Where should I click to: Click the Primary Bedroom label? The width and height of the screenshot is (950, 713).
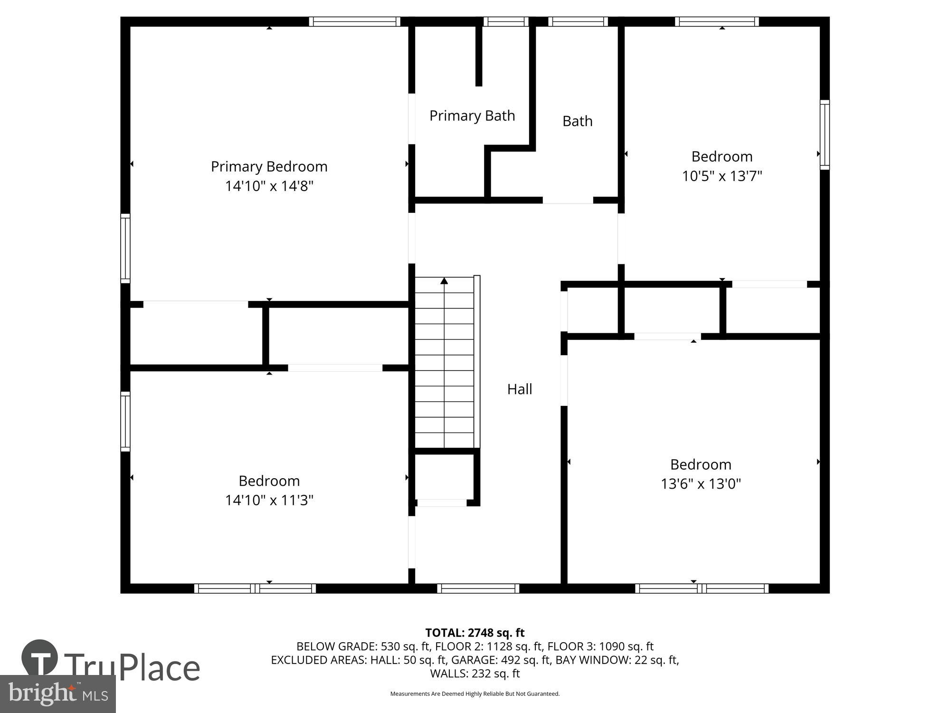point(269,166)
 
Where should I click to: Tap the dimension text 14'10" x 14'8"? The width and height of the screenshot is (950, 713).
point(269,186)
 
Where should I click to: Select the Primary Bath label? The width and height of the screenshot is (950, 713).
point(472,116)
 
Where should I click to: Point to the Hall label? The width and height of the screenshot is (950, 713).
point(519,389)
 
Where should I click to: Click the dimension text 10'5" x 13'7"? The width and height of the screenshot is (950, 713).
point(722,176)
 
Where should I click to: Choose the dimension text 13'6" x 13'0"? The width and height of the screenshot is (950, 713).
point(701,484)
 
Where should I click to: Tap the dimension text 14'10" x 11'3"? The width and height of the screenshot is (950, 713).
point(269,500)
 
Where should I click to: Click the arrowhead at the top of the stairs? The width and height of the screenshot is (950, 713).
point(444,281)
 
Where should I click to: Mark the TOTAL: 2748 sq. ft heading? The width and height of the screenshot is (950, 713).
point(475,633)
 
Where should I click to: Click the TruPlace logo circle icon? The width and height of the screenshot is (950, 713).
point(40,658)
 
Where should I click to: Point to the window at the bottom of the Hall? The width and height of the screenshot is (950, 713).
point(478,588)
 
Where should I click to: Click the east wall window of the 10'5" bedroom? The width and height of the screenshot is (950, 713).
point(825,135)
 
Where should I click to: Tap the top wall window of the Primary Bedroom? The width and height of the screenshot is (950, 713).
point(354,21)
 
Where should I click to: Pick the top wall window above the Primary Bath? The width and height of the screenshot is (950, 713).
point(505,21)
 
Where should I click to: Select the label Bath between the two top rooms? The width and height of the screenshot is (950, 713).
point(577,121)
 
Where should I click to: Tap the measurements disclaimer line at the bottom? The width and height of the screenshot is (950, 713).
point(475,694)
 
